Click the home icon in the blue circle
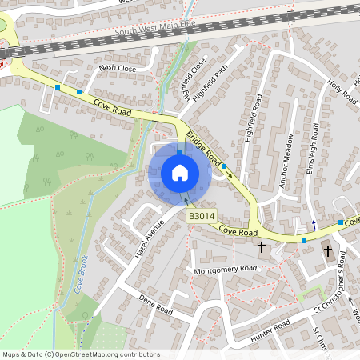coord(180,172)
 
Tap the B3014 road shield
coord(201,216)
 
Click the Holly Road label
coord(342,90)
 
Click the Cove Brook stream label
coord(82,273)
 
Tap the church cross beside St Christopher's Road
coord(327,251)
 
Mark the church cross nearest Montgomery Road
coord(261,248)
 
